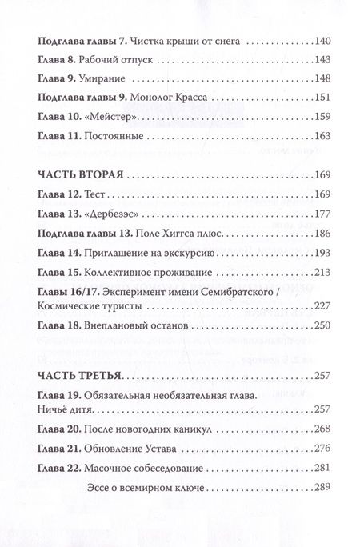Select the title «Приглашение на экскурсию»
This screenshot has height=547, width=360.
[x=151, y=255]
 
